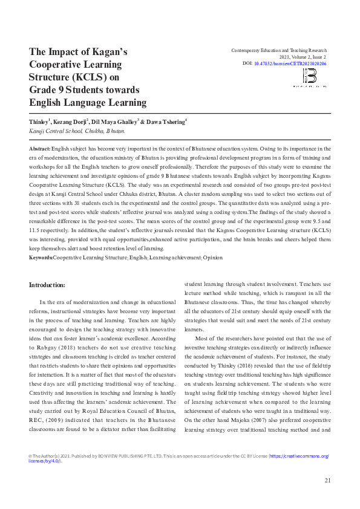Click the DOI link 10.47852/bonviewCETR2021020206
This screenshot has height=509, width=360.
point(290,63)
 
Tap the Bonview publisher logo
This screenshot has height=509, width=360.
point(309,77)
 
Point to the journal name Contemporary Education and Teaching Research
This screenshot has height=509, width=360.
point(279,50)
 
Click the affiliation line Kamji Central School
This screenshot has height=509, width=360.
point(77,131)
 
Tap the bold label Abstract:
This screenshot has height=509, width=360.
point(40,148)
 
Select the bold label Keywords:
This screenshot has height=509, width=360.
point(41,258)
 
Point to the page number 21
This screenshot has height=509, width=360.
point(327,481)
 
